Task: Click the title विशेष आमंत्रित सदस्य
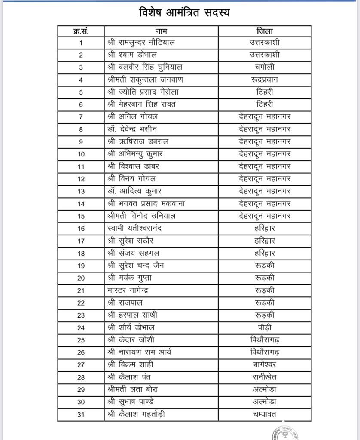point(184,12)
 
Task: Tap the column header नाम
point(161,31)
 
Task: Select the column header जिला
point(264,31)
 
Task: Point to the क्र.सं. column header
point(81,31)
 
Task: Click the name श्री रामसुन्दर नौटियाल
point(141,43)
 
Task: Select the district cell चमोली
point(264,67)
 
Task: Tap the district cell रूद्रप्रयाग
point(264,79)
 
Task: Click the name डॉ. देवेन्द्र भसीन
point(132,129)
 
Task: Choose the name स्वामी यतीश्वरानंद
point(134,228)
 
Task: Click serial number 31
point(81,415)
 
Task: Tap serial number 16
point(81,229)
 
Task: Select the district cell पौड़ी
point(264,327)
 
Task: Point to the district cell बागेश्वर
point(264,364)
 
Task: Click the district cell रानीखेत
point(264,377)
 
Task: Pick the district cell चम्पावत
point(264,414)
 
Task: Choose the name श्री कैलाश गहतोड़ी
point(136,414)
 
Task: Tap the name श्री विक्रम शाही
point(130,364)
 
